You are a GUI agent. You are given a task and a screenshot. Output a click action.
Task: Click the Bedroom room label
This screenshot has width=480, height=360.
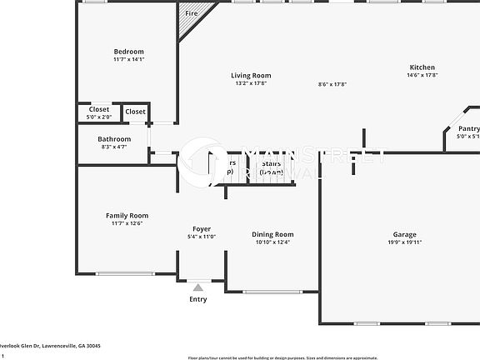pos(128,52)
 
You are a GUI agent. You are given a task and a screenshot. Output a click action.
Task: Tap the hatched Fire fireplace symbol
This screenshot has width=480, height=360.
pos(193,20)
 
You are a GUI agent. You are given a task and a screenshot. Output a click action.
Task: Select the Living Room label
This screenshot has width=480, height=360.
pos(251,76)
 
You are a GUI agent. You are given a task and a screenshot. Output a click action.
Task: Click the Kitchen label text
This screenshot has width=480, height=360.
pos(422,67)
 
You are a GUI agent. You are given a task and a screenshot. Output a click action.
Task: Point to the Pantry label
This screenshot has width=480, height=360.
pos(468,128)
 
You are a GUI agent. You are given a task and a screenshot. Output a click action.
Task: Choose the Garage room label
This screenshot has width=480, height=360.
pos(405,234)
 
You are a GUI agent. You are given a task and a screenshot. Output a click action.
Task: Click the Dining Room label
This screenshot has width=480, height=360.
pos(272,234)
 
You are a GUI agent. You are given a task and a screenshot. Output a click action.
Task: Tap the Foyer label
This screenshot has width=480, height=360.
pos(202,228)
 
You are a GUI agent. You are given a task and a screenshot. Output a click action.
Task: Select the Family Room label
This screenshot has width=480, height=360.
pos(127,215)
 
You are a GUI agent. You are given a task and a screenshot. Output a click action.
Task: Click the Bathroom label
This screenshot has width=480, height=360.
pos(114,138)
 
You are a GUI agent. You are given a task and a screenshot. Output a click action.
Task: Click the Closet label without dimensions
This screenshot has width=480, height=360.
pos(135,111)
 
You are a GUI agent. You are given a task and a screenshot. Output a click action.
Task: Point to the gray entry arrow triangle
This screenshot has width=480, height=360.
pos(198,287)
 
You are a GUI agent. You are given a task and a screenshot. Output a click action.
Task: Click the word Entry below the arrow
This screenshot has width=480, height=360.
pos(198,298)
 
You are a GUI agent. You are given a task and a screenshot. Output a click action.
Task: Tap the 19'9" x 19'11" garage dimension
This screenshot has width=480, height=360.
pos(405,242)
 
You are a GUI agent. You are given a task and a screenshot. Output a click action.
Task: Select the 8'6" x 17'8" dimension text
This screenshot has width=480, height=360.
pos(332,83)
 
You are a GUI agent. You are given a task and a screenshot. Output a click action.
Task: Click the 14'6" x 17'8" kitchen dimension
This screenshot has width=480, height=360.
pos(422,76)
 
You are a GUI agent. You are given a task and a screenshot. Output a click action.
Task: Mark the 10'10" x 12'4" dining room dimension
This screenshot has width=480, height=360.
pos(272,242)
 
